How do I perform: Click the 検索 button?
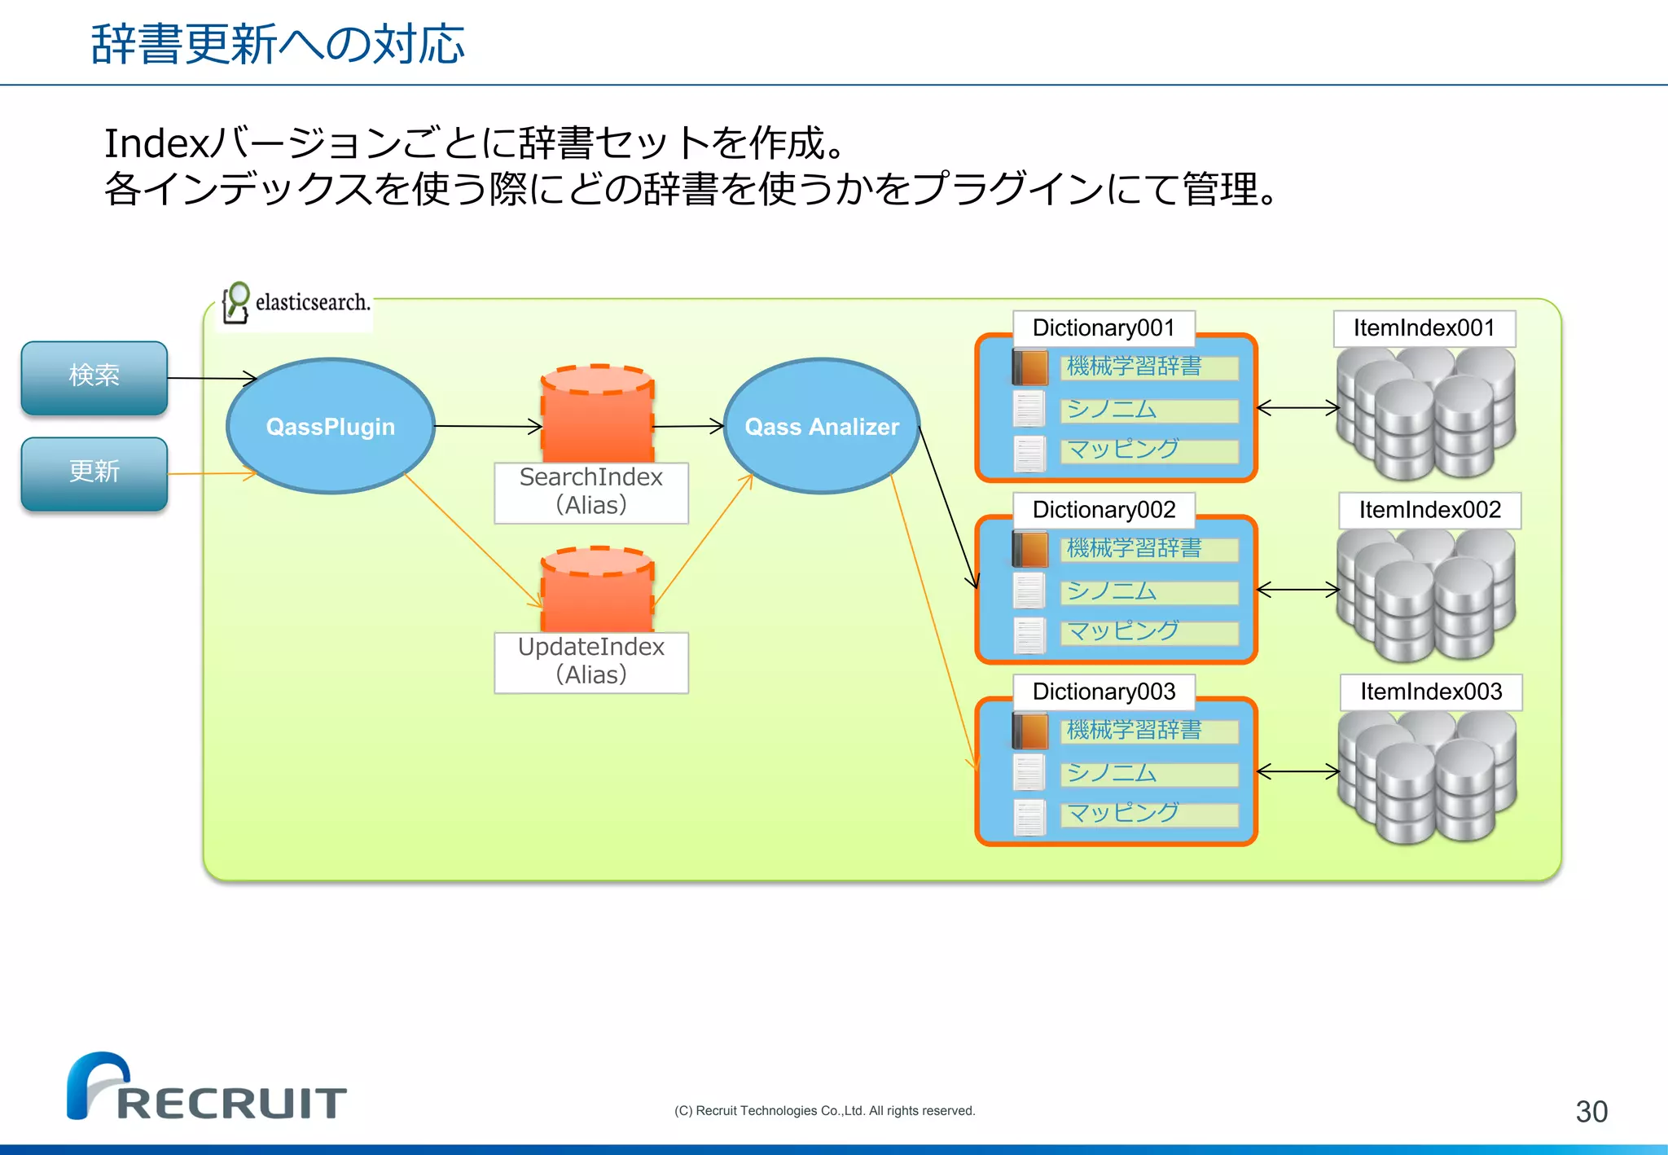[94, 377]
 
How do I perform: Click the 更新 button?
[94, 473]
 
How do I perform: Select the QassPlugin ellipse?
[330, 426]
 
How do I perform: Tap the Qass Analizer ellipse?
[821, 426]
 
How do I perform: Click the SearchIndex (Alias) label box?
[591, 492]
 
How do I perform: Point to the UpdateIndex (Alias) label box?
[591, 661]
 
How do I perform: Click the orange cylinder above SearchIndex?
[597, 415]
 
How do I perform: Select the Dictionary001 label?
[1104, 328]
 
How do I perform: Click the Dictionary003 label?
[1104, 692]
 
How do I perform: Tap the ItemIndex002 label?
[1429, 510]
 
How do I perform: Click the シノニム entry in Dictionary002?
[1148, 591]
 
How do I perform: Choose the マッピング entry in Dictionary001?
[1148, 450]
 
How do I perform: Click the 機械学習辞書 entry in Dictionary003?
[1148, 731]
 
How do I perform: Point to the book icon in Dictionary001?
[1030, 367]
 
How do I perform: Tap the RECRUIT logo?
[207, 1087]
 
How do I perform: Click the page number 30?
[1591, 1112]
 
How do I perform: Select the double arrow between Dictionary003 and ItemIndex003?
[1297, 771]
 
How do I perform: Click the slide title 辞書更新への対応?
[278, 44]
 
